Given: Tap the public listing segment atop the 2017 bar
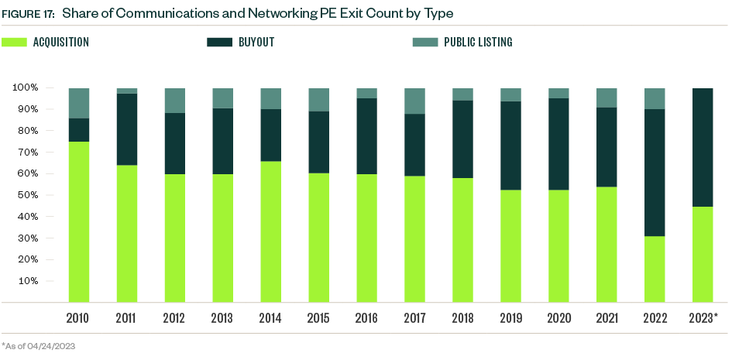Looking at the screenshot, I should (414, 101).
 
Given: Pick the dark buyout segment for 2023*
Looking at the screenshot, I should (703, 147).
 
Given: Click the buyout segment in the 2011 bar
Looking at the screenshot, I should (126, 129).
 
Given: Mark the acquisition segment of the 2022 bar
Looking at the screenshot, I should (655, 269).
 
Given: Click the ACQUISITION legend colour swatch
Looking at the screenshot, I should (14, 43).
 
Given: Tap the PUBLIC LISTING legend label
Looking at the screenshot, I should (477, 43).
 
